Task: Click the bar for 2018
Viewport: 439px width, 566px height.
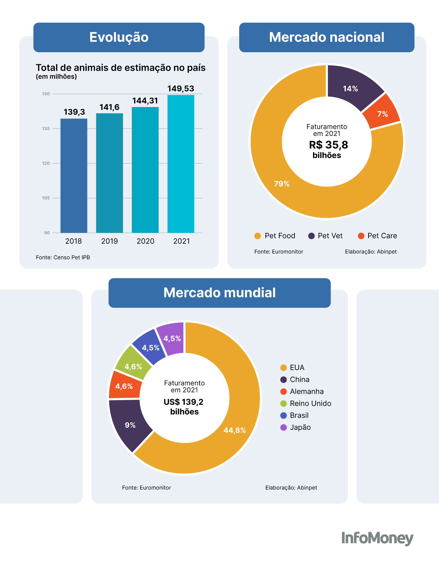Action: coord(74,176)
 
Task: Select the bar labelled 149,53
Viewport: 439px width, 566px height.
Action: coord(181,164)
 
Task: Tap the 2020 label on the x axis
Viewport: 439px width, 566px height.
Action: coord(145,241)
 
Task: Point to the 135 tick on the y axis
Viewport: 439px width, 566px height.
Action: coord(46,129)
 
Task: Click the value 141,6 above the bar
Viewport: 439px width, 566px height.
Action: coord(109,107)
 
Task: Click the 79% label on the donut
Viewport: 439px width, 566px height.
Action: coord(282,184)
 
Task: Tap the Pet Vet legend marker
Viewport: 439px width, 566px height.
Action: coord(312,236)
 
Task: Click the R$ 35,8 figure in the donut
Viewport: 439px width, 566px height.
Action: coord(328,145)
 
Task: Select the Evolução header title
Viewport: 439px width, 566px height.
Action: coord(119,37)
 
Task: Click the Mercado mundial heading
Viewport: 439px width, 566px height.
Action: coord(220,293)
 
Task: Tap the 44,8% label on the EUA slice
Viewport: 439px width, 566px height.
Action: coord(235,430)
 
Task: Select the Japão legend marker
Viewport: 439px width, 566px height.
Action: coord(283,427)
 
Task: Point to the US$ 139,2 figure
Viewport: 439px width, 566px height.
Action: coord(183,402)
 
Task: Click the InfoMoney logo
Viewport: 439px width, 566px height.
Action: coord(377,538)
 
